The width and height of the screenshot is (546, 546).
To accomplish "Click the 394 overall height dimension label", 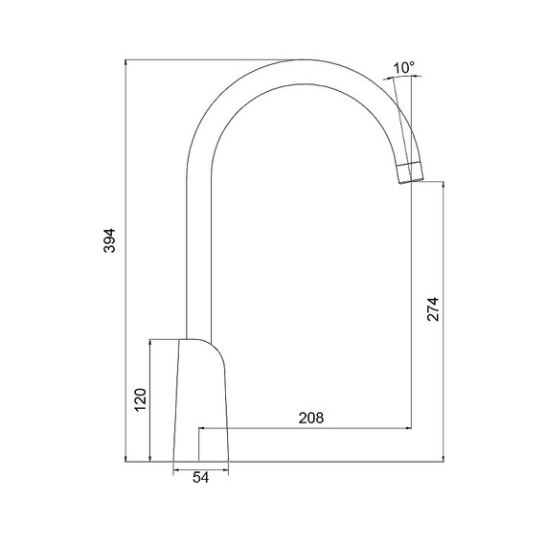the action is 109,240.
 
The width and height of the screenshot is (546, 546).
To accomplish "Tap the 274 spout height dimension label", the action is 433,308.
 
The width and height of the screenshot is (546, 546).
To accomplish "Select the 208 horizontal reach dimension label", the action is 311,418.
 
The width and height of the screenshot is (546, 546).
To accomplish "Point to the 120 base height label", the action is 140,399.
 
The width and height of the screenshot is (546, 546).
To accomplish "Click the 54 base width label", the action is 201,478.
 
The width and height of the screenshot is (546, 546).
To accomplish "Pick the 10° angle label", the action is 404,68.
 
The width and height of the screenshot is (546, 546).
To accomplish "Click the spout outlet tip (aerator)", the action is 411,172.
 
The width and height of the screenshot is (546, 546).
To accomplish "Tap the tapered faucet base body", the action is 201,400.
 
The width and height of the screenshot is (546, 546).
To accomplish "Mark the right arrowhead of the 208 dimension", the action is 407,428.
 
